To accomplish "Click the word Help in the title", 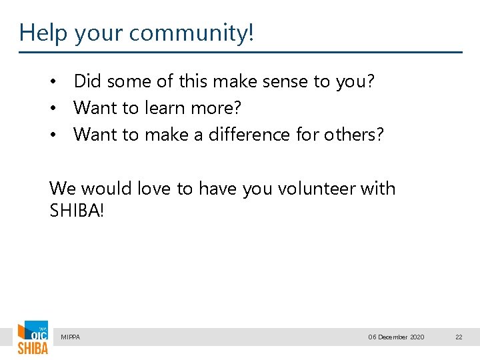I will pyautogui.click(x=43, y=32).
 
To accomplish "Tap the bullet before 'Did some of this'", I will pyautogui.click(x=58, y=82).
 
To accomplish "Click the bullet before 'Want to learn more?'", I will pyautogui.click(x=58, y=108).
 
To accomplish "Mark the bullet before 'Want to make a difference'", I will pyautogui.click(x=58, y=135).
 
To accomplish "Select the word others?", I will pyautogui.click(x=353, y=134).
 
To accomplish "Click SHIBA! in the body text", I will pyautogui.click(x=77, y=211).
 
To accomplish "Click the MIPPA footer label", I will pyautogui.click(x=70, y=337).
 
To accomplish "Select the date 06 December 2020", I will pyautogui.click(x=396, y=337).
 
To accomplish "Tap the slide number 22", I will pyautogui.click(x=459, y=337).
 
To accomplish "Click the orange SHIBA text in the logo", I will pyautogui.click(x=33, y=348).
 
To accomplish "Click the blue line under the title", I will pyautogui.click(x=240, y=52).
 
